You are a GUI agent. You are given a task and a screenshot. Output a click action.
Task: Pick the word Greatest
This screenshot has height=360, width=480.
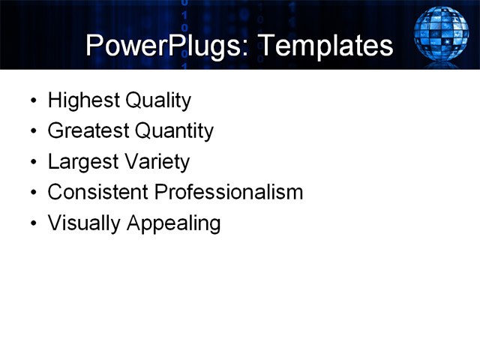click(88, 131)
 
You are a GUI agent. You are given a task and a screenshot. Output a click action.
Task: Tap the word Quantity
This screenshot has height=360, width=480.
click(174, 131)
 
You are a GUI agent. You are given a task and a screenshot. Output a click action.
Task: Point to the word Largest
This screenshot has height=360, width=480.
click(80, 162)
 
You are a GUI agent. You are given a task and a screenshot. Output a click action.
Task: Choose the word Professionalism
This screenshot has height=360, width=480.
click(229, 193)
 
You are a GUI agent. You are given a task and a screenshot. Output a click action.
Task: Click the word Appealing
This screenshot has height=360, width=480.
click(174, 223)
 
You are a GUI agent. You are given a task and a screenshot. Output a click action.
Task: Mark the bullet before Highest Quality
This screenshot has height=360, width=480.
click(31, 101)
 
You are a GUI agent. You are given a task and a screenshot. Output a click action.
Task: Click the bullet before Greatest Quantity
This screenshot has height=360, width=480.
click(31, 132)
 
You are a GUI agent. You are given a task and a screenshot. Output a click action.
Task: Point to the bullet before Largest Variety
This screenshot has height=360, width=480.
click(31, 163)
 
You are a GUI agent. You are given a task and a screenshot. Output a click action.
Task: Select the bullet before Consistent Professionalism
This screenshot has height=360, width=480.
click(31, 193)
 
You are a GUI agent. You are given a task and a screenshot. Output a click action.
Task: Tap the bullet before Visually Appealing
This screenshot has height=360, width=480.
click(31, 224)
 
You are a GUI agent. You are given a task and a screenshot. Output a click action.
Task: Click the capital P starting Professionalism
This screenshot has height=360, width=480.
click(160, 192)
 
